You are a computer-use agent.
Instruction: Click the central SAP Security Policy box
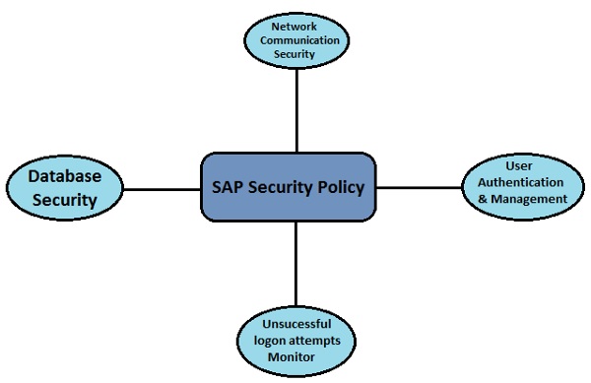[289, 187]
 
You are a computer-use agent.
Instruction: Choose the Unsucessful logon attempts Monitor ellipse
[296, 339]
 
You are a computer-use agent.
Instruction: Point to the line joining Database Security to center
[163, 187]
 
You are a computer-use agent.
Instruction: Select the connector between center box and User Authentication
[419, 187]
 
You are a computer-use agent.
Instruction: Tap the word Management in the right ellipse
[532, 198]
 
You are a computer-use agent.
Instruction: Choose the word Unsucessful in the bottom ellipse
[296, 324]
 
